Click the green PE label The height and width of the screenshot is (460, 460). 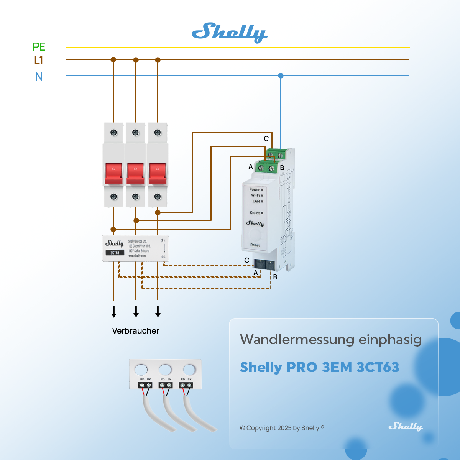(39, 47)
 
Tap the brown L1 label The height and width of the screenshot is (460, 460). (38, 60)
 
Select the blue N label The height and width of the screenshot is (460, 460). (39, 77)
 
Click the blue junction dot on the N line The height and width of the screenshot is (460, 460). (281, 76)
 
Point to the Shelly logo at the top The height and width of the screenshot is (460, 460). (229, 33)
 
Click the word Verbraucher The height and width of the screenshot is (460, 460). (135, 331)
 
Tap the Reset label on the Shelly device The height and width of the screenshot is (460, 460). (255, 245)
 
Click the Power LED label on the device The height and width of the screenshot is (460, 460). (255, 189)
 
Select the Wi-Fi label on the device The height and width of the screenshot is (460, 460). (255, 195)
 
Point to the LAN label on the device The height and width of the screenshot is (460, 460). (256, 201)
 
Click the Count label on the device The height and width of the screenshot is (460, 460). (255, 213)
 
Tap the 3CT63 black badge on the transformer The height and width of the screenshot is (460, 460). (115, 253)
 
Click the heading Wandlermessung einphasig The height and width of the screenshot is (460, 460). (331, 340)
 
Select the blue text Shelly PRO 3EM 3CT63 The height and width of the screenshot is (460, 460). (319, 367)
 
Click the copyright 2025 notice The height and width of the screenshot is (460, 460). (282, 428)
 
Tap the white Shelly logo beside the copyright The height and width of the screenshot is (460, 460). (405, 426)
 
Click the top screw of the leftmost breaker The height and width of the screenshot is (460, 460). (114, 133)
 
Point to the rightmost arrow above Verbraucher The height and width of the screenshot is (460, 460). (158, 311)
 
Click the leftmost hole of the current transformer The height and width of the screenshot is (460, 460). (141, 370)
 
